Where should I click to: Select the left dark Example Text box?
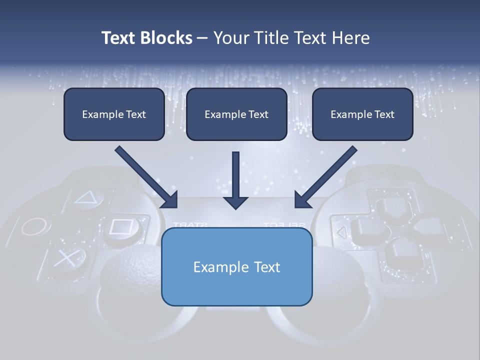click(114, 114)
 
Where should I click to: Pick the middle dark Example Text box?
click(236, 114)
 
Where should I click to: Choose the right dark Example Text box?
click(362, 114)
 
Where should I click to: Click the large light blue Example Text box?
click(236, 266)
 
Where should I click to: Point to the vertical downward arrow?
click(235, 180)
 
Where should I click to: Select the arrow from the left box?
click(146, 177)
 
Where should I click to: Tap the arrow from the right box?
click(325, 177)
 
